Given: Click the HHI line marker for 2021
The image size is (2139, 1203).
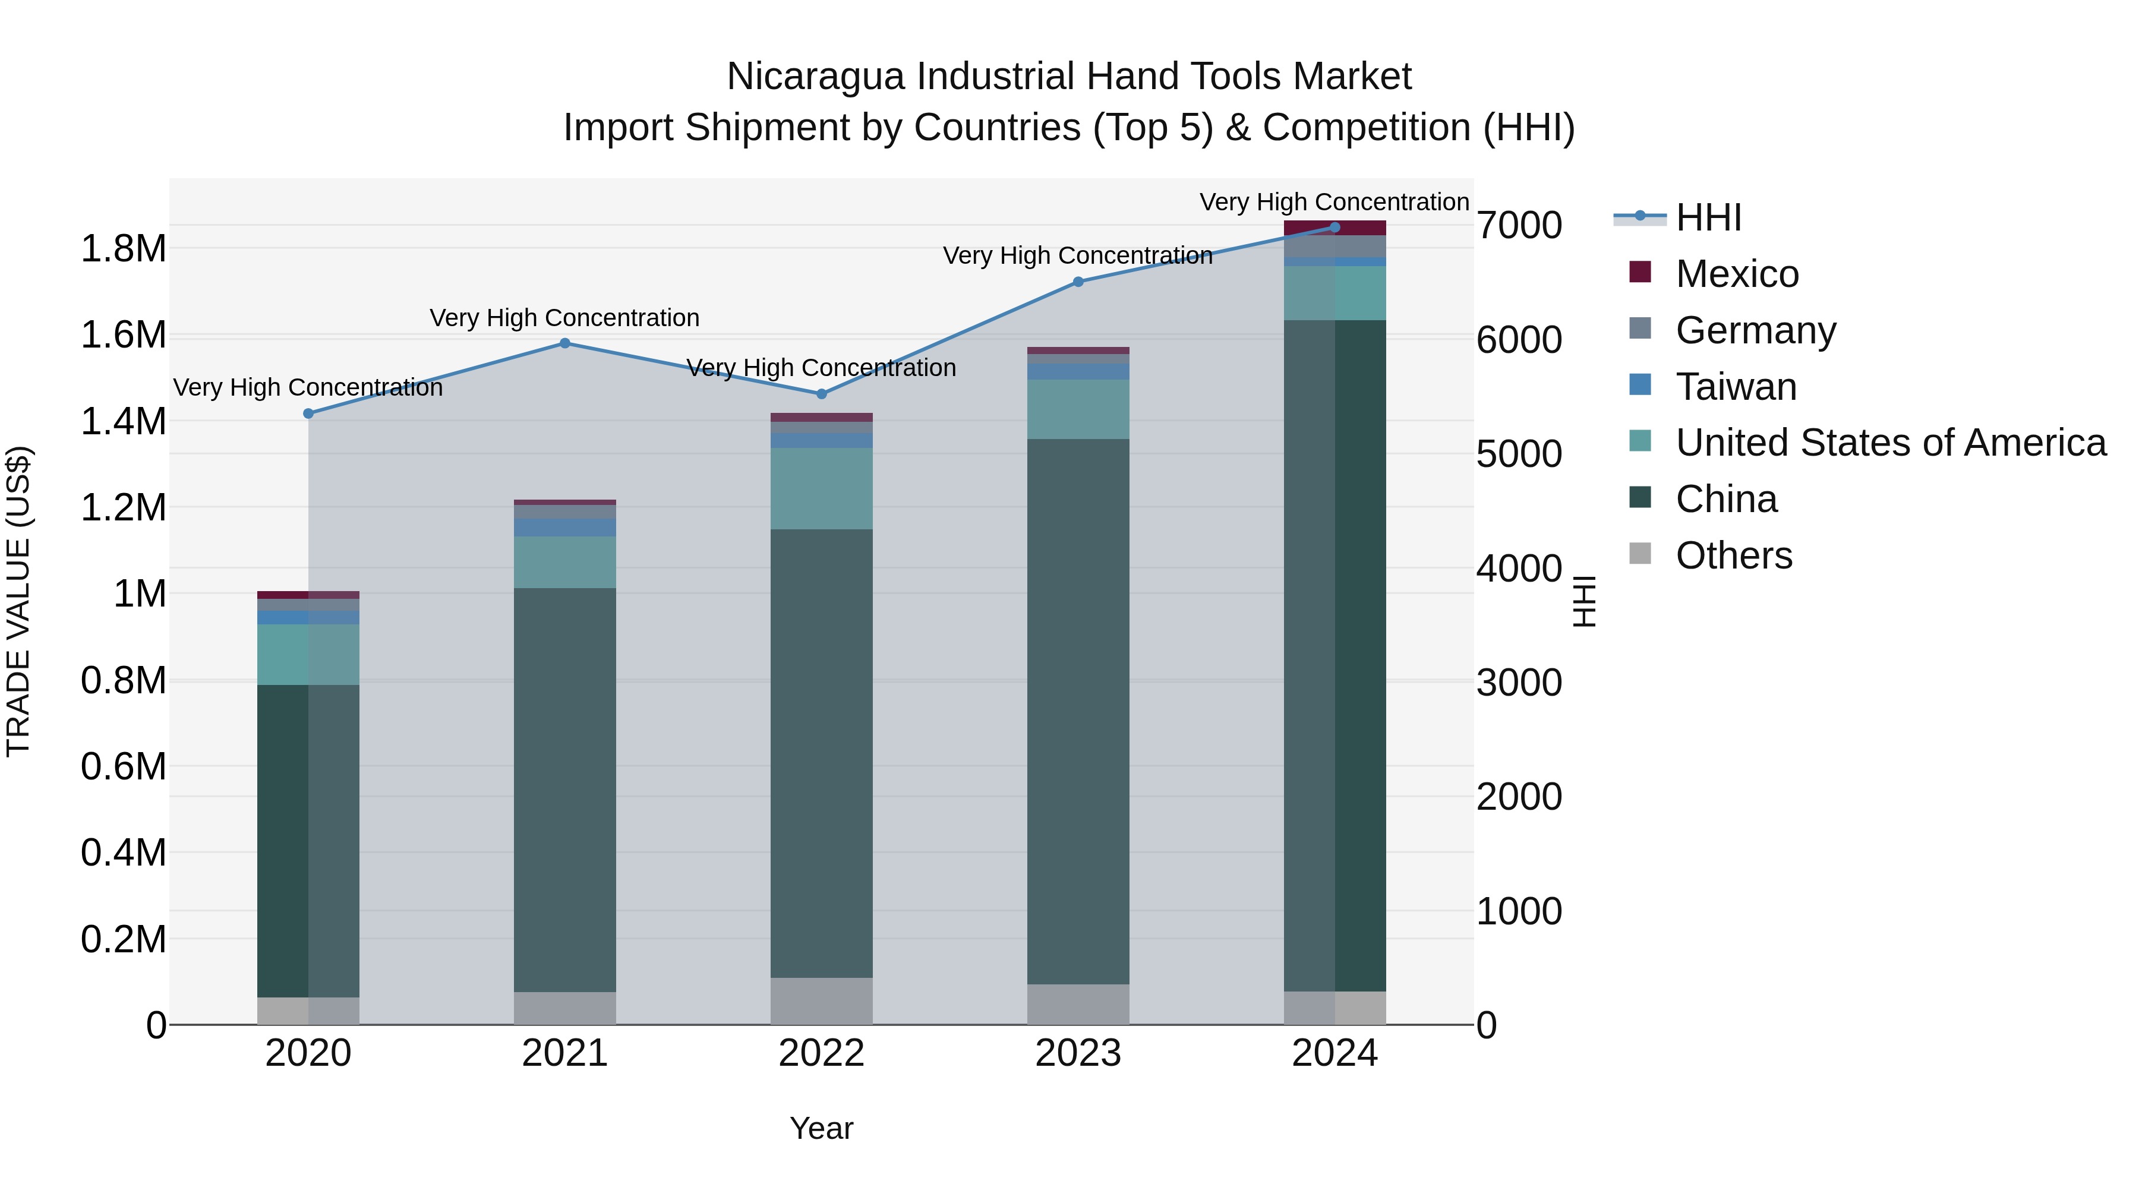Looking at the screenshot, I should [x=564, y=343].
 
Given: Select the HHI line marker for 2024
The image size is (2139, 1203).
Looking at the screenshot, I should [x=1334, y=228].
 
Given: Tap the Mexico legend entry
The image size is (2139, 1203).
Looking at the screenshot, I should [x=1736, y=274].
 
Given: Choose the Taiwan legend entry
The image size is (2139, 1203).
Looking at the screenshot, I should [x=1736, y=387].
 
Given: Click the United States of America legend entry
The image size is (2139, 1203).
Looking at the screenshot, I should [x=1890, y=443].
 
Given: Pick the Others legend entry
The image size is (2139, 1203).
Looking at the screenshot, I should [x=1733, y=555].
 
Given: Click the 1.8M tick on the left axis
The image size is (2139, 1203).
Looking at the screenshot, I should [x=123, y=249].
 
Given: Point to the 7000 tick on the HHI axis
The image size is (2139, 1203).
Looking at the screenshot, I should [x=1519, y=226].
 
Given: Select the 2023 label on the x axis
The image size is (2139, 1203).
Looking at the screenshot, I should [x=1078, y=1053].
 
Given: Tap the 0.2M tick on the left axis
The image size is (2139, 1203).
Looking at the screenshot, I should [x=123, y=940].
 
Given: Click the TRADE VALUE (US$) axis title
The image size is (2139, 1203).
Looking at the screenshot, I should [x=18, y=601].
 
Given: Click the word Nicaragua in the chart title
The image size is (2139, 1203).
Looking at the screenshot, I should [x=815, y=77].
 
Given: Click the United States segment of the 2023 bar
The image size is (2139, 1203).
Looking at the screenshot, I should [x=1078, y=409].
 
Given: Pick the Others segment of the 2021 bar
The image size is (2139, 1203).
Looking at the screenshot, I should [x=564, y=1008].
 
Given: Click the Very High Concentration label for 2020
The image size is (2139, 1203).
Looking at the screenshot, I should [x=308, y=388].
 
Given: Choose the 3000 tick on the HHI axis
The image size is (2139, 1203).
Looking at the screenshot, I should [x=1519, y=683].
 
